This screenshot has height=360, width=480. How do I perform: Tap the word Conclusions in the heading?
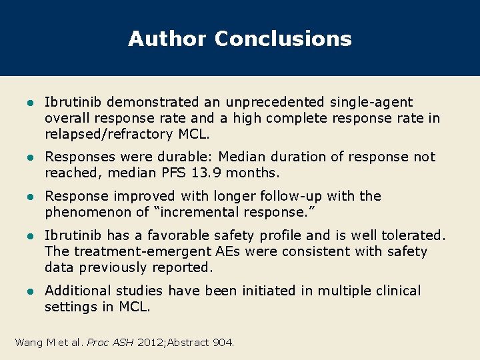pos(283,39)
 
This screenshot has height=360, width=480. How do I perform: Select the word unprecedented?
pos(275,102)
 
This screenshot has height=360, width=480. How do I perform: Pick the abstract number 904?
pos(222,343)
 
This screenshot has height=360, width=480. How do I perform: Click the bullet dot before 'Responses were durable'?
pos(29,157)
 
